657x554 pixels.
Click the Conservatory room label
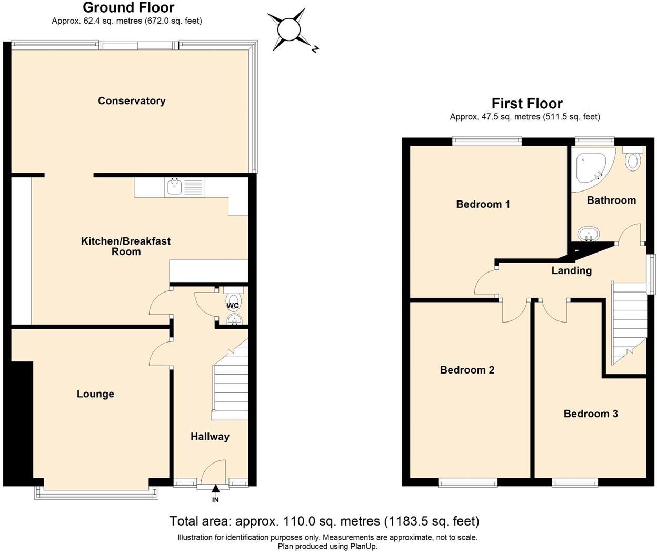click(132, 101)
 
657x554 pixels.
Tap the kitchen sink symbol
click(174, 186)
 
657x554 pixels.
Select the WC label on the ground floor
click(233, 306)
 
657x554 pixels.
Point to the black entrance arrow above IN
click(215, 489)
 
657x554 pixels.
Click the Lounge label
click(95, 394)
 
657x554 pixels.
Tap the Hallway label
click(210, 437)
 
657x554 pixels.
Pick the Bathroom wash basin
click(589, 234)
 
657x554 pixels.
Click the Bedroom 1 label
click(483, 204)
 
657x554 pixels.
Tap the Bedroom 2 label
click(467, 370)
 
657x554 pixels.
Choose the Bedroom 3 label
click(591, 414)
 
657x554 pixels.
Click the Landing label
click(571, 271)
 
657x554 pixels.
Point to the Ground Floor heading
click(128, 7)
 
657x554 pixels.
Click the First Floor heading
click(527, 103)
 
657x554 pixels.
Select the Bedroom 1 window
click(487, 140)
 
